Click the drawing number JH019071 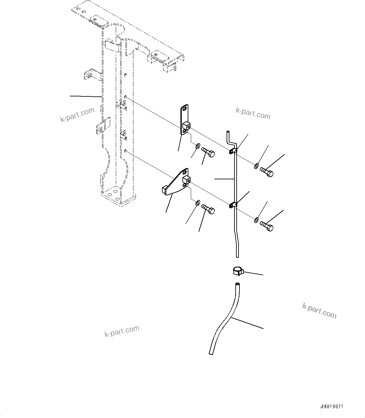tap(332, 406)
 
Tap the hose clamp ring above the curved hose tap(238, 270)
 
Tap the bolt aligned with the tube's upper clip tap(266, 172)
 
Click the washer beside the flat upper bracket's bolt tap(197, 146)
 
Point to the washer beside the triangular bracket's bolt tap(197, 203)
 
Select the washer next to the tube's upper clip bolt tap(256, 166)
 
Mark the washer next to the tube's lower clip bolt tap(256, 220)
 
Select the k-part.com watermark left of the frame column tap(77, 115)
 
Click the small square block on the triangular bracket tap(186, 180)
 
